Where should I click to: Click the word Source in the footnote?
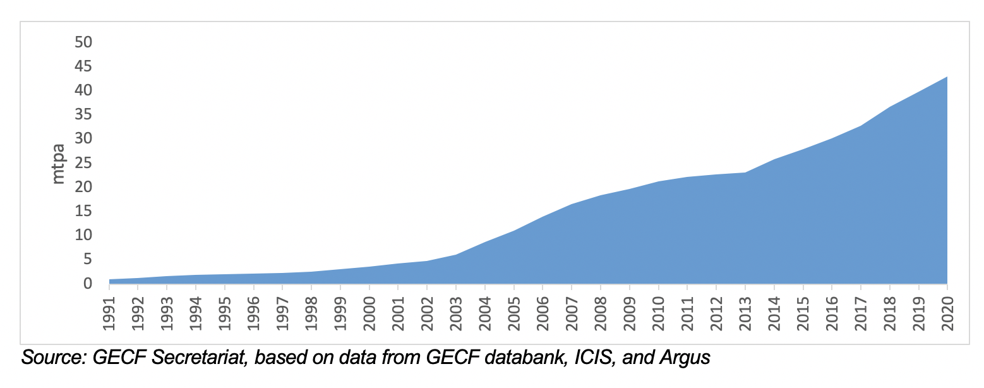coord(52,358)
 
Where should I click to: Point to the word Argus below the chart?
coord(685,358)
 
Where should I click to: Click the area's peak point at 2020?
coord(947,76)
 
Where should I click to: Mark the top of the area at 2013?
coord(745,173)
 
